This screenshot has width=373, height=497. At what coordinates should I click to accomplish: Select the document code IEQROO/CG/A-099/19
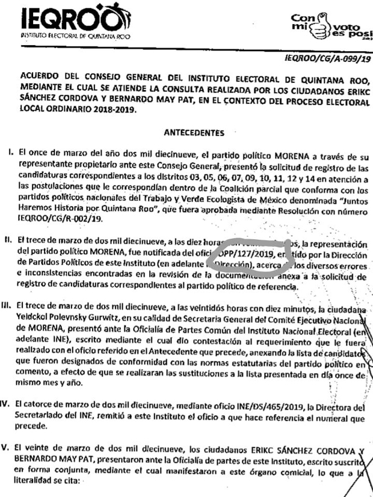coord(328,60)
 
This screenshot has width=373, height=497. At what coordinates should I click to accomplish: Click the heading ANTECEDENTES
coord(194,131)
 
